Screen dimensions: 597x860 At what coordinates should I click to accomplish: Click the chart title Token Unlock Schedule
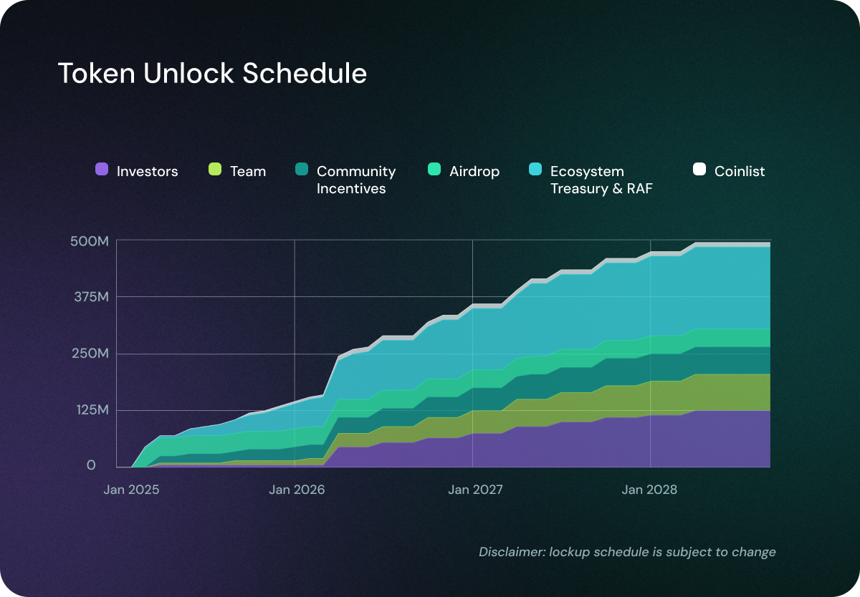212,74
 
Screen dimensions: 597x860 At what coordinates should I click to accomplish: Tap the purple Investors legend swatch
102,170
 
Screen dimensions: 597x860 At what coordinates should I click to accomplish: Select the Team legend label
248,171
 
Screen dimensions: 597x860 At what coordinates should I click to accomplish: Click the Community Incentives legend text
355,180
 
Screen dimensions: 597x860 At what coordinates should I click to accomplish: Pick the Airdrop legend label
474,171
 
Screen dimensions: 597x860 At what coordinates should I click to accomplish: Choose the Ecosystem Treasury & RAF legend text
601,180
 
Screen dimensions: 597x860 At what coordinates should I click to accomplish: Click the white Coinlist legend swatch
699,170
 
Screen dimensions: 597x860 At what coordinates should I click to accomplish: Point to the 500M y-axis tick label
90,241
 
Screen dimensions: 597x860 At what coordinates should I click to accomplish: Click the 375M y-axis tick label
90,297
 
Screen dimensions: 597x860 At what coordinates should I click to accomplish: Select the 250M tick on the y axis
90,354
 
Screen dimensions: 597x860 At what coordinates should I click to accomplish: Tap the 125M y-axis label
90,410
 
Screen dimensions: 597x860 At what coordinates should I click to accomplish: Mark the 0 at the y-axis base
91,466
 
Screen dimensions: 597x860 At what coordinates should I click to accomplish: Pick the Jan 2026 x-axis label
296,490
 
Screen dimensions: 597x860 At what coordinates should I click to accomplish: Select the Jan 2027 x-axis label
475,490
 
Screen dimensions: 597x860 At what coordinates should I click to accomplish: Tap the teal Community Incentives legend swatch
302,170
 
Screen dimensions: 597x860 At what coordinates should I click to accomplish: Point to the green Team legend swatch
215,170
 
